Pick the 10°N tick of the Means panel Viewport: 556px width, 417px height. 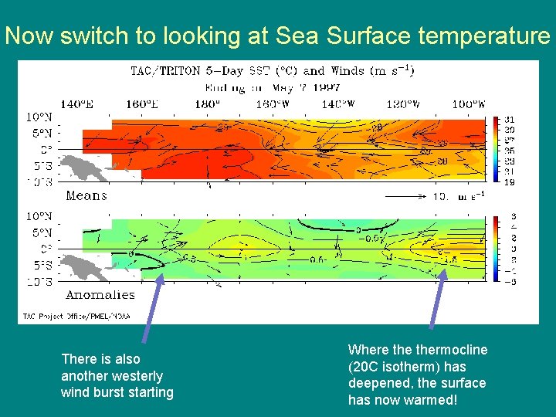[41, 118]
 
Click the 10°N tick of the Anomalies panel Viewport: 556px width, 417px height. [41, 217]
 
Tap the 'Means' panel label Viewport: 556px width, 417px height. [86, 195]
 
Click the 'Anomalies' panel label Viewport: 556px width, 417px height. [100, 294]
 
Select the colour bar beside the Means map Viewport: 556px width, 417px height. [496, 150]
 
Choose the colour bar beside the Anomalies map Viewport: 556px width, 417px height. [496, 249]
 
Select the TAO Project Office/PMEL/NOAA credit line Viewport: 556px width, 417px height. [76, 316]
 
